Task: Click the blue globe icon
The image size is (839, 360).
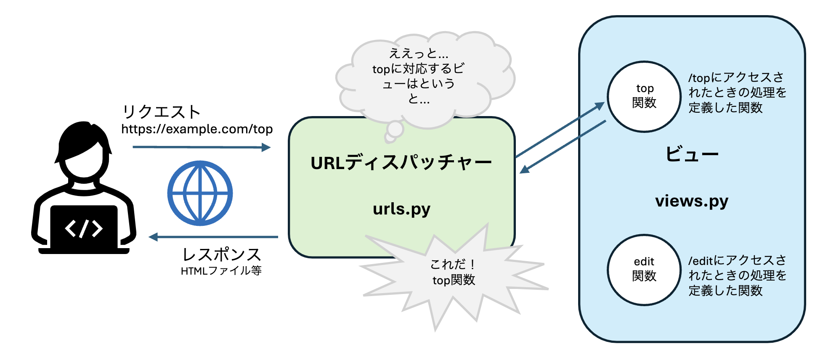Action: pos(200,193)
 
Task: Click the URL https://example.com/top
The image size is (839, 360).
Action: pos(197,129)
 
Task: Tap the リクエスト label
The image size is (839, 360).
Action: pos(161,112)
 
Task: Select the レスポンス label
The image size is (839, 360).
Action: pos(222,254)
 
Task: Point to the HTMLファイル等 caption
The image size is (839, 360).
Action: pos(221,270)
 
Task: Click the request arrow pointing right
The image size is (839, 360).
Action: pos(201,147)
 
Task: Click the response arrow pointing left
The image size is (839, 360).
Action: pos(213,237)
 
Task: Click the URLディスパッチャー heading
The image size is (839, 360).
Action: pos(401,163)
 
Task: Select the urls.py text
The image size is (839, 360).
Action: pos(401,209)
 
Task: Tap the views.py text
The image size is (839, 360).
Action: pos(691,201)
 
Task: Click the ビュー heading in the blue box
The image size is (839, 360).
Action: pos(692,154)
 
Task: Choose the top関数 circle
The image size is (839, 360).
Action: pos(644,96)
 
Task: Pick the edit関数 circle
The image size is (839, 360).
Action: pos(644,270)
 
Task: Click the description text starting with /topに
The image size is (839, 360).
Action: pos(737,93)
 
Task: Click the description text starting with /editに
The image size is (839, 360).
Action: pos(737,275)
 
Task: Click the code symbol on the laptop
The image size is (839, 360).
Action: pos(84,228)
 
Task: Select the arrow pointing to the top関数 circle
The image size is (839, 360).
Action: pos(560,130)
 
